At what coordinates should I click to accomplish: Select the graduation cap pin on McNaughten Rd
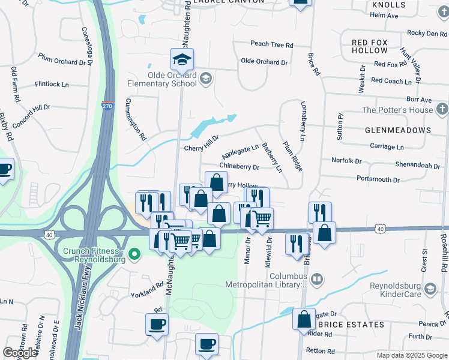tap(182, 59)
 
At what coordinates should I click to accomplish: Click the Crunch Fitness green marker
tap(135, 254)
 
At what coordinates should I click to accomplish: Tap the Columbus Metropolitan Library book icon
tap(318, 280)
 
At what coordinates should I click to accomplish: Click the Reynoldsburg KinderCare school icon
tap(430, 289)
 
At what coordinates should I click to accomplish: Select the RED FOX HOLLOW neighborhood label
tap(370, 47)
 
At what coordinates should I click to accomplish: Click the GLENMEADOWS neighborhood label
tap(397, 130)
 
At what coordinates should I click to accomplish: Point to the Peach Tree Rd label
tap(271, 44)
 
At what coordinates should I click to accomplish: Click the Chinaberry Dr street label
tap(239, 167)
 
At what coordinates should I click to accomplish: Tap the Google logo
tap(20, 353)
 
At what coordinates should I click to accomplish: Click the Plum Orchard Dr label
tap(65, 61)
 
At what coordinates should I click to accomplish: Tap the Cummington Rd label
tap(136, 120)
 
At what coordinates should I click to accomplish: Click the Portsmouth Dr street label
tap(378, 179)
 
